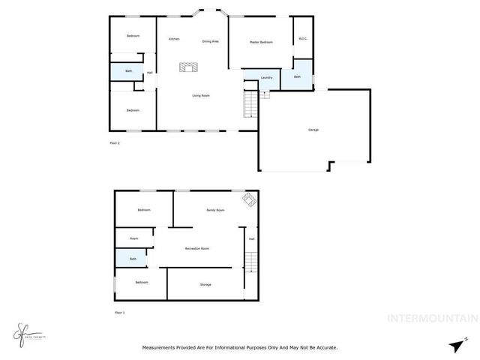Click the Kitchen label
click(x=174, y=39)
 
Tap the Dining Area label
click(x=210, y=41)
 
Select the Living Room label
click(x=200, y=95)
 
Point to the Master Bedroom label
click(x=260, y=42)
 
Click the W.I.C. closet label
click(x=303, y=38)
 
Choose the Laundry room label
click(x=265, y=78)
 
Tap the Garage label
click(x=313, y=130)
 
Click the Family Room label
click(x=216, y=210)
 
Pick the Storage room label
click(x=205, y=285)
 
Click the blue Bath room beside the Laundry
click(x=297, y=76)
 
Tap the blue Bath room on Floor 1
click(x=133, y=259)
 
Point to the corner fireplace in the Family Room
click(x=247, y=199)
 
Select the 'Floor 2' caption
click(x=114, y=142)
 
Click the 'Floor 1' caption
click(x=118, y=312)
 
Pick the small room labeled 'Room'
click(x=133, y=238)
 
